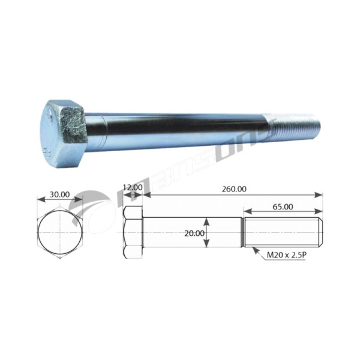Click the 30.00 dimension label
pos(59,194)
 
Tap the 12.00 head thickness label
pos(133,187)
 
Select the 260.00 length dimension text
pos(234,189)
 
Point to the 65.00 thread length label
pos(283,207)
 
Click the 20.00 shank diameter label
pos(194,233)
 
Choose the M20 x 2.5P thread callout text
pos(286,255)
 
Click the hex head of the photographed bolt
pos(64,134)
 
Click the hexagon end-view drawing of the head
pos(60,233)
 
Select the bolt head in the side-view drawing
pos(133,232)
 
